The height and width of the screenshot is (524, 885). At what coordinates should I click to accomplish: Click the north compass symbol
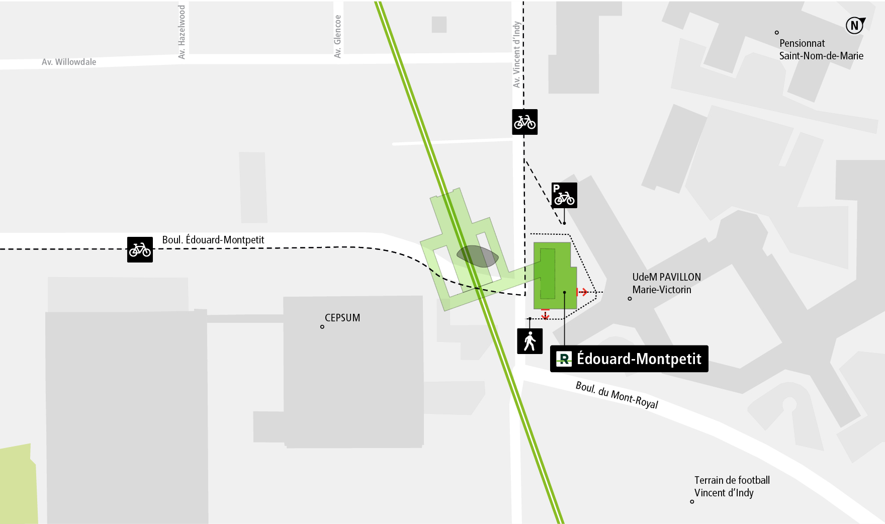(854, 25)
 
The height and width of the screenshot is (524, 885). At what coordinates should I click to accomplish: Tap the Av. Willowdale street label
(69, 62)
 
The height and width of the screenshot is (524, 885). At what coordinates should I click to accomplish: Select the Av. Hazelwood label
(182, 32)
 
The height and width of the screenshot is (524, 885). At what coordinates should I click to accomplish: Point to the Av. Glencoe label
(337, 36)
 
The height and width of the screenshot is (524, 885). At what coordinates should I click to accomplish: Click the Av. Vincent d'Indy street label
(516, 54)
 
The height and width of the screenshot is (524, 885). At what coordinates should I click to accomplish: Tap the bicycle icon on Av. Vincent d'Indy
(524, 122)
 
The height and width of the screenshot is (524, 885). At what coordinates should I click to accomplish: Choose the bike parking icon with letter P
(564, 195)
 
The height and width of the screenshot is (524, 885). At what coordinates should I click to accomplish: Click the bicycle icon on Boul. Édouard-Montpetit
(140, 249)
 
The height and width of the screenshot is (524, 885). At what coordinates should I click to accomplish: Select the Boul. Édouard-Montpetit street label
(213, 240)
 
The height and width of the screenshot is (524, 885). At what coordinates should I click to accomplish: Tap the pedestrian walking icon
(529, 341)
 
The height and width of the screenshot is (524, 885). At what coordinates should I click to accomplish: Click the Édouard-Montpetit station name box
(629, 359)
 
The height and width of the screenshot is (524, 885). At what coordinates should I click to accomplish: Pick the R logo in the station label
(564, 359)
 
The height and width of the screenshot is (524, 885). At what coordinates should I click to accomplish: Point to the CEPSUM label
(342, 318)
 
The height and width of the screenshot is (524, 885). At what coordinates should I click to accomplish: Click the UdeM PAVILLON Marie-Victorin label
(666, 283)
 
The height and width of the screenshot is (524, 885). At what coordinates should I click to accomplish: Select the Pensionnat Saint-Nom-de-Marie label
(821, 49)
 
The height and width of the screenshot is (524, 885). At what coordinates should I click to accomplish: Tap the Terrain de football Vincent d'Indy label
(731, 486)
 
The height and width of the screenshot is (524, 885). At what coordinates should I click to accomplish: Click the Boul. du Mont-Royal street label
(616, 395)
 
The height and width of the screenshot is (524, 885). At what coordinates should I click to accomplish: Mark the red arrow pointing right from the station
(582, 292)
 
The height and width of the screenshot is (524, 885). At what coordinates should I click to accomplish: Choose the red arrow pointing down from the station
(545, 314)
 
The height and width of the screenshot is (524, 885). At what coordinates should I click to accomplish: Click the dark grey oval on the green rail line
(477, 256)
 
